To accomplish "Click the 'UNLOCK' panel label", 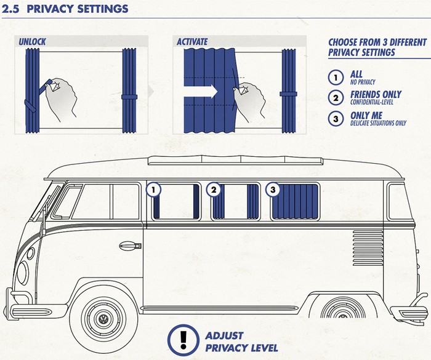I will tap(32, 42).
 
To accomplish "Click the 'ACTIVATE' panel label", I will tap(192, 42).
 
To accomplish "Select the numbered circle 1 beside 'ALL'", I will tap(336, 78).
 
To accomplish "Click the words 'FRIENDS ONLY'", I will tap(375, 94).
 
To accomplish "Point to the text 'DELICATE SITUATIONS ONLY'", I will tap(379, 123).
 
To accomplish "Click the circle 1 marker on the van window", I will tap(153, 190).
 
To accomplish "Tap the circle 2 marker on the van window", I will tap(214, 190).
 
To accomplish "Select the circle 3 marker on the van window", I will tap(273, 190).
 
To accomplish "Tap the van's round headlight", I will tap(23, 271).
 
